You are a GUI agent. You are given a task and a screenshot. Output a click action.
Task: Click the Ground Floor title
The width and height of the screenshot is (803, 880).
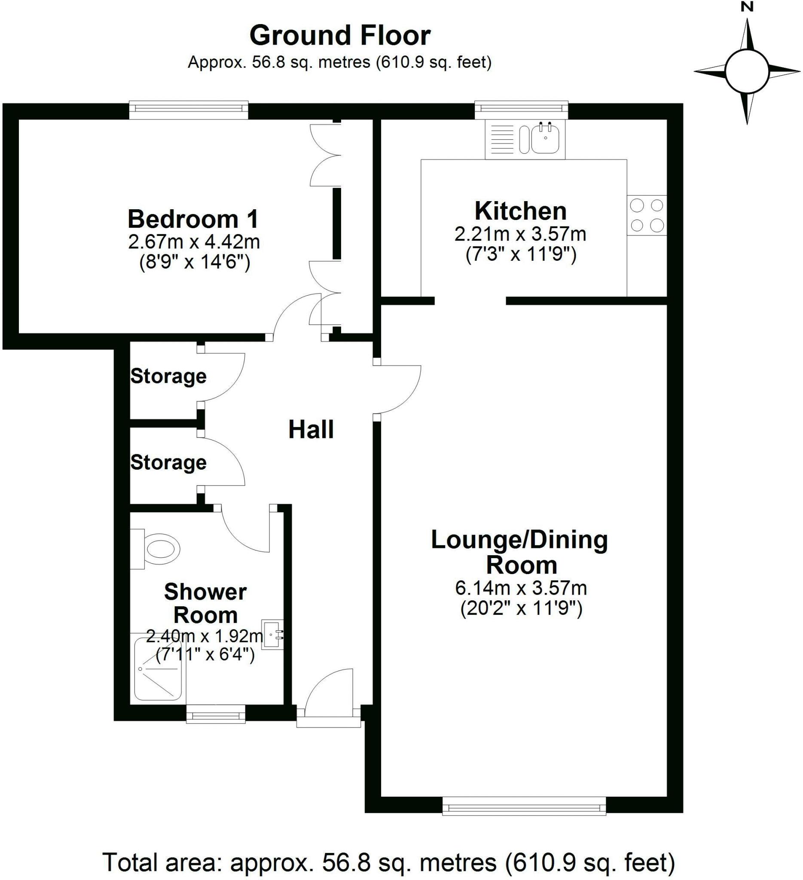[339, 36]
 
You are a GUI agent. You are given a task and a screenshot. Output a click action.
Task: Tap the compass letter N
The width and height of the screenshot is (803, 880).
[747, 7]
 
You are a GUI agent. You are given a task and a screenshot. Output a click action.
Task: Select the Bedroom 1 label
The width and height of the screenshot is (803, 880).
[193, 219]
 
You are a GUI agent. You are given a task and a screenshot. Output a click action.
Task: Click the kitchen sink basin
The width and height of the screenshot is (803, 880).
[545, 138]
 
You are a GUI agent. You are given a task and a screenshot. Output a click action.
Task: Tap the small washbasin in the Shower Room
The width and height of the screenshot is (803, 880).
[272, 634]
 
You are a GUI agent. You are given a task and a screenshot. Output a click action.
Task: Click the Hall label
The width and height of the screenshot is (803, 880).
[311, 430]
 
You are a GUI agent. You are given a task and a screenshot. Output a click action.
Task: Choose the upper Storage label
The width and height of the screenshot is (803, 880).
[168, 376]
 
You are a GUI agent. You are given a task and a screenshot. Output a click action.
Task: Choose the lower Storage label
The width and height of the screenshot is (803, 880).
[168, 462]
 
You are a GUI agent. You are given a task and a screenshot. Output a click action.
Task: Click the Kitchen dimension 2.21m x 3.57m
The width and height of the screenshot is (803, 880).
[520, 235]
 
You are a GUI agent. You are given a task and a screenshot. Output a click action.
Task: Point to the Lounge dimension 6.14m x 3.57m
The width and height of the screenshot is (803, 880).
[521, 588]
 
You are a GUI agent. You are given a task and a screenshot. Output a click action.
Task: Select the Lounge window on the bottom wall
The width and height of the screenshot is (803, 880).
[524, 805]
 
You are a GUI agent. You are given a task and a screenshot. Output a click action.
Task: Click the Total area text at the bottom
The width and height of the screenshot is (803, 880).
[388, 862]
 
